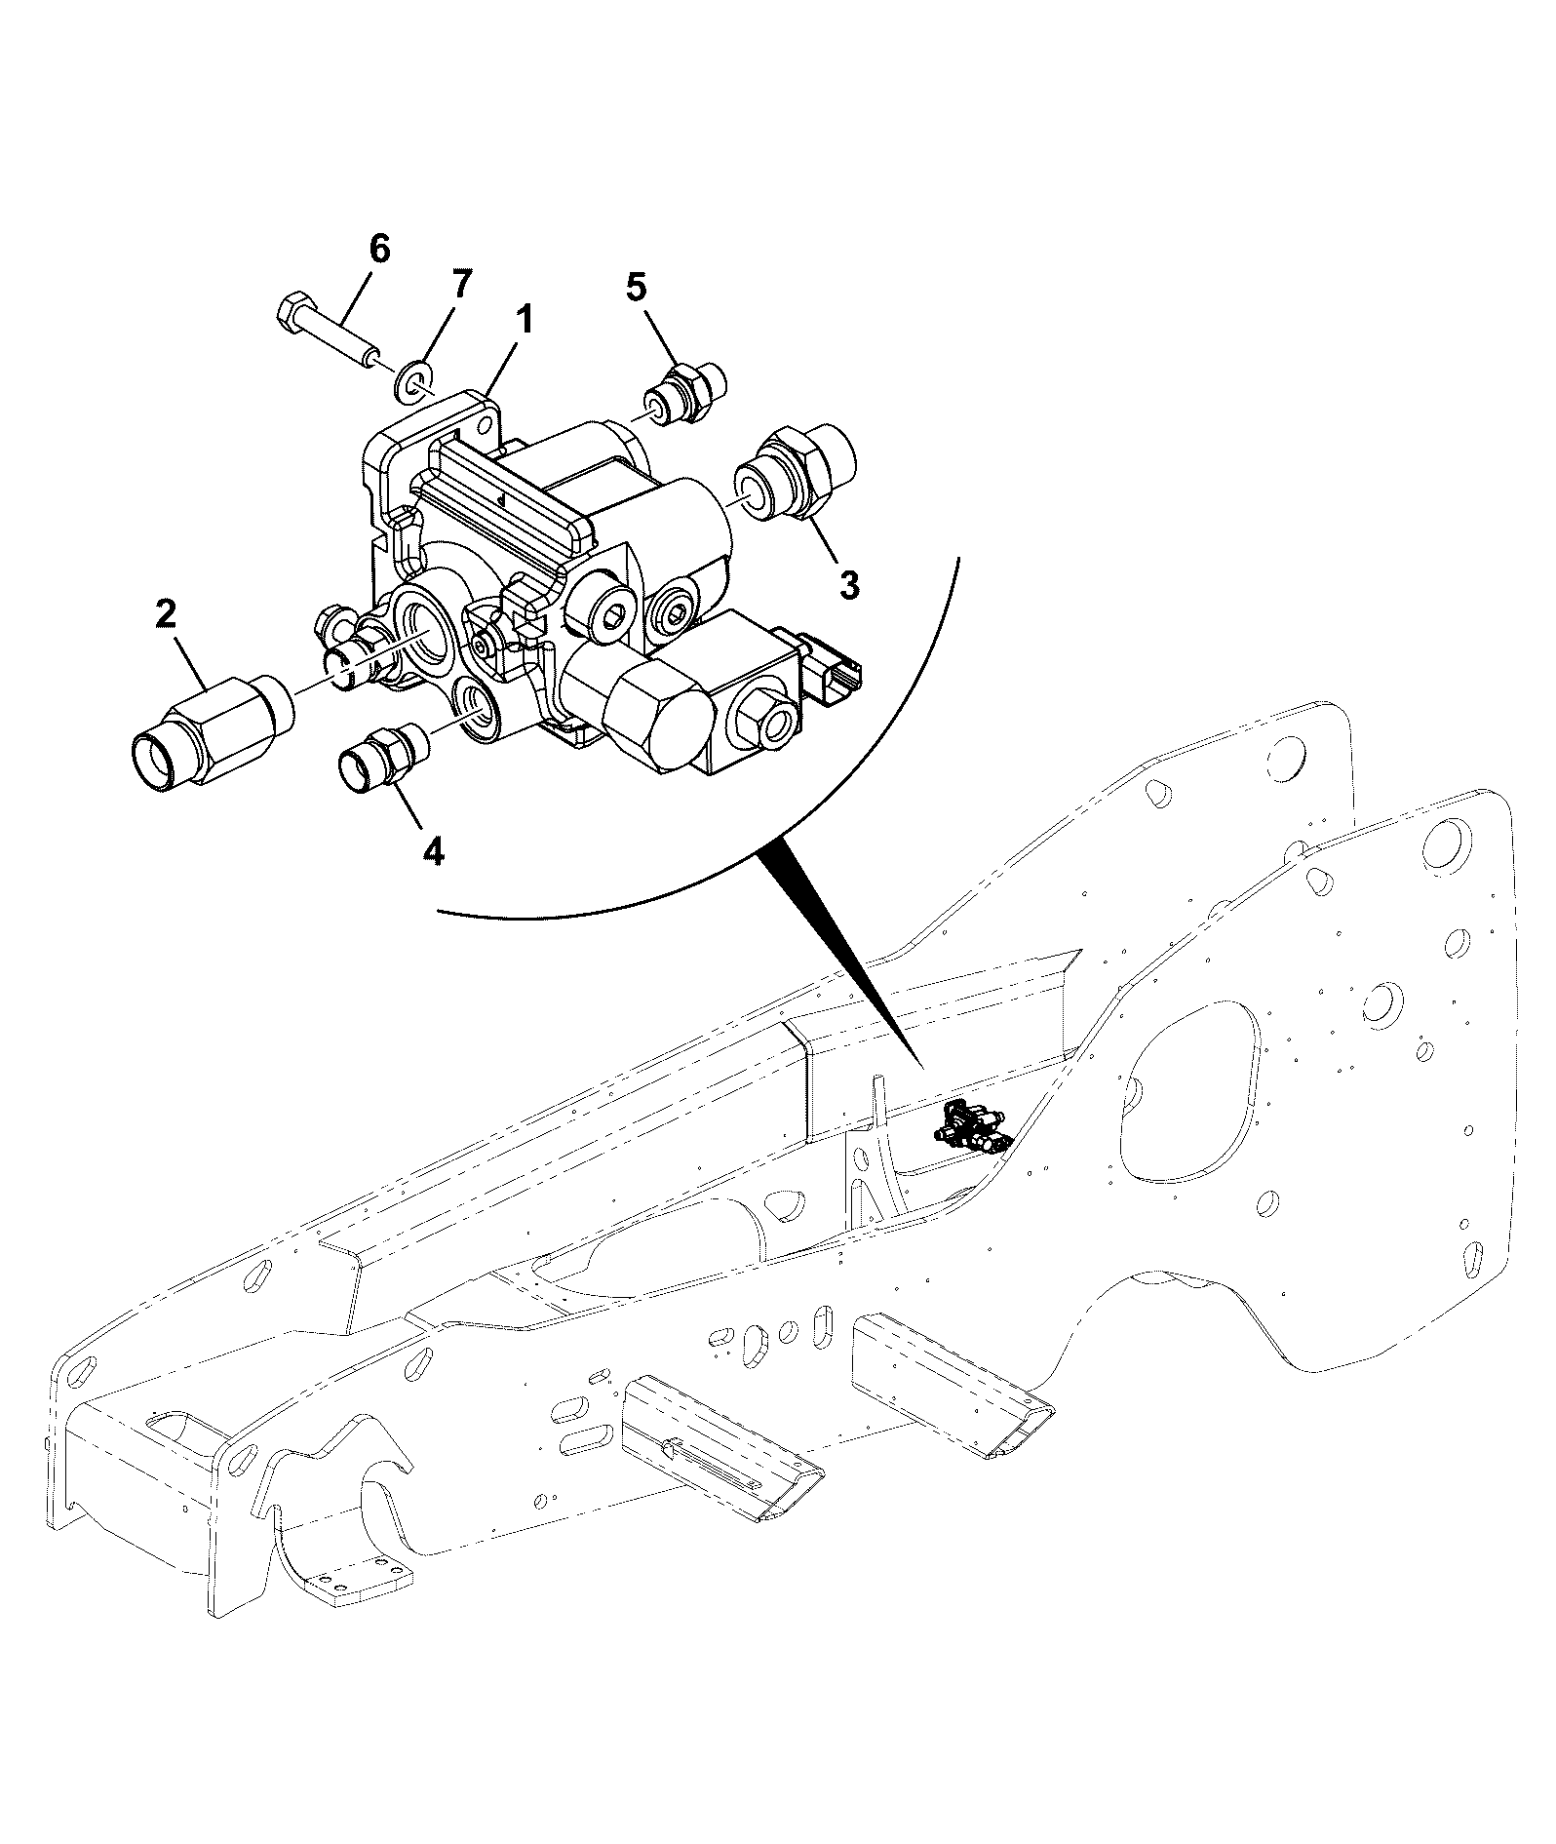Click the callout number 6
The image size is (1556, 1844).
click(x=378, y=249)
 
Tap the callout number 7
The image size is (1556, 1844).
click(x=460, y=285)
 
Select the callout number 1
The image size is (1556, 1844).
click(x=524, y=319)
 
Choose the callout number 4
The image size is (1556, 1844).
click(x=433, y=851)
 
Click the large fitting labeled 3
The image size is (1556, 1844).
click(x=802, y=471)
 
